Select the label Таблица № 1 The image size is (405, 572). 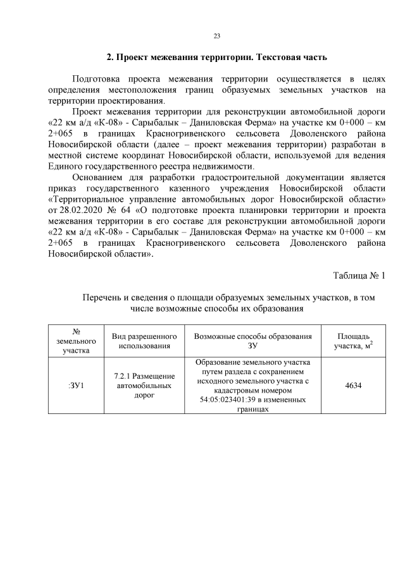click(x=359, y=276)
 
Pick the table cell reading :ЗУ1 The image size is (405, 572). click(x=75, y=386)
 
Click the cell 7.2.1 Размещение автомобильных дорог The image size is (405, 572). click(x=145, y=386)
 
